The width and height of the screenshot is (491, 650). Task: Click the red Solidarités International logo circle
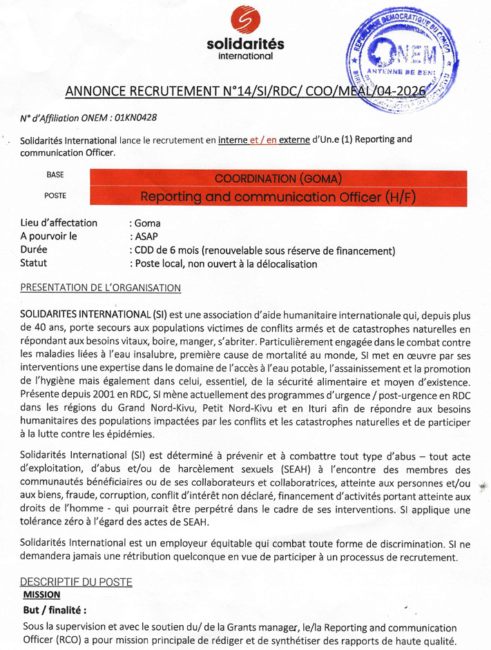click(245, 20)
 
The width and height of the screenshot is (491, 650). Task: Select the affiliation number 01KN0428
click(136, 118)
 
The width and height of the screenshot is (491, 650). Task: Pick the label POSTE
click(55, 196)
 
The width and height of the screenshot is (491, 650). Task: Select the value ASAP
click(145, 237)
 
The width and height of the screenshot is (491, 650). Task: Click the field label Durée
click(35, 250)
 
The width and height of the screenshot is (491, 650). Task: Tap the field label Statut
click(35, 263)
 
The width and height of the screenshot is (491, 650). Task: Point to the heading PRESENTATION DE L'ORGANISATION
click(101, 287)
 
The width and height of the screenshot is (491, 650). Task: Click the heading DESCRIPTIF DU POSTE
click(76, 582)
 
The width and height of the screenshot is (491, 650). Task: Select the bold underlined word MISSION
click(41, 594)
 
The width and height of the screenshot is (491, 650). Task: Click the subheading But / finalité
click(55, 611)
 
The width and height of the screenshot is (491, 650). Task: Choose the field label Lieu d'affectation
click(59, 223)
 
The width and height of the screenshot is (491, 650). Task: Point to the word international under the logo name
click(245, 56)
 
